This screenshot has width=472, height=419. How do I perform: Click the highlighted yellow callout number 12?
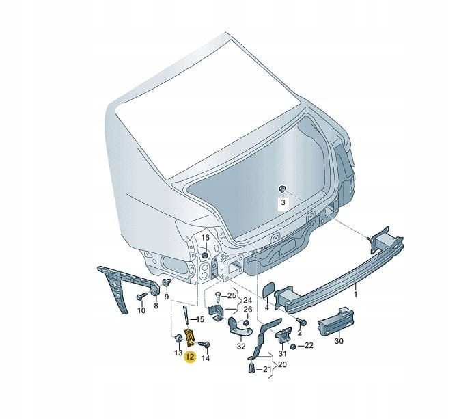pyautogui.click(x=190, y=357)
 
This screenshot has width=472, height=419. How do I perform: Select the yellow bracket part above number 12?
pyautogui.click(x=191, y=338)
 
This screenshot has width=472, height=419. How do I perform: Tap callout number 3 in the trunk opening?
pyautogui.click(x=283, y=202)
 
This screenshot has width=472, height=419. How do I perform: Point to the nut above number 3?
pyautogui.click(x=281, y=189)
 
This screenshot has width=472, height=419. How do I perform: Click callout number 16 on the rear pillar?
pyautogui.click(x=205, y=238)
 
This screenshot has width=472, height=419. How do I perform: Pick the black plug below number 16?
pyautogui.click(x=205, y=255)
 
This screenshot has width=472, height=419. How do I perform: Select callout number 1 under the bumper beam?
pyautogui.click(x=355, y=295)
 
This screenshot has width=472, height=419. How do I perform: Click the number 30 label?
pyautogui.click(x=339, y=341)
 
